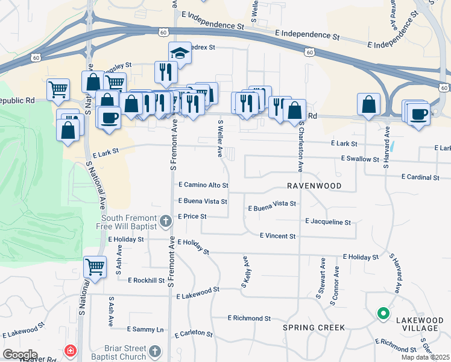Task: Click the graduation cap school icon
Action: coord(180,54)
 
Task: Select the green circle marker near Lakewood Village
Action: coord(382,313)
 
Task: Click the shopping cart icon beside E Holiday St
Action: coord(95,267)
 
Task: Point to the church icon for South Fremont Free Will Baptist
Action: coord(167,222)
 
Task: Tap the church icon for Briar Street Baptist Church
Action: coord(155,351)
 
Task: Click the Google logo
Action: coord(20,355)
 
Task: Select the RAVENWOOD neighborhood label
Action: coord(314,186)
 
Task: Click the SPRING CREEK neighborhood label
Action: coord(314,328)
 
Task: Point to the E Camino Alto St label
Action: coord(203,185)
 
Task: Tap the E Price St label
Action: coord(192,216)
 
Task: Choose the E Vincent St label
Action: coord(277,237)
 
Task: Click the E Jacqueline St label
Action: coord(328,222)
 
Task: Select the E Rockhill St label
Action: coord(146,280)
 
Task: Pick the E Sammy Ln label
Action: coord(145,329)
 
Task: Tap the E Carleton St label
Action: coord(194,334)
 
